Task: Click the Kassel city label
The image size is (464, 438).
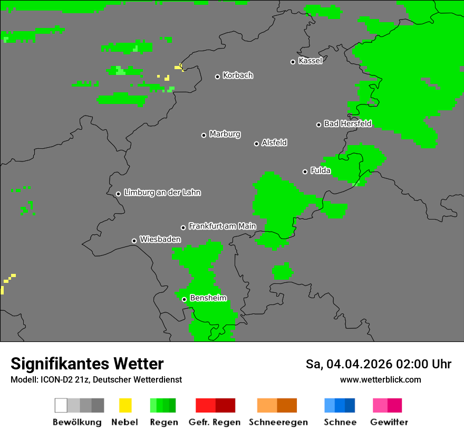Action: [310, 61]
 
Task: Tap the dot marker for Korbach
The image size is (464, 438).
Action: [217, 77]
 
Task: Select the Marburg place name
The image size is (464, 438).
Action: [225, 134]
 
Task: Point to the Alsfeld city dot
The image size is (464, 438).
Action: [256, 144]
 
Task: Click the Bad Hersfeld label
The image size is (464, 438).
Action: [347, 123]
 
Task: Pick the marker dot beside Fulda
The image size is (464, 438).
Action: [305, 172]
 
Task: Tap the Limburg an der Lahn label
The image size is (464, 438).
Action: [162, 193]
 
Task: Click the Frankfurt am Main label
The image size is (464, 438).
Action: [222, 226]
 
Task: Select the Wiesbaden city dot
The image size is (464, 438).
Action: [134, 241]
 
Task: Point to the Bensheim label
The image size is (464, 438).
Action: [208, 298]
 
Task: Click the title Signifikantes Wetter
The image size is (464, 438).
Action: [87, 364]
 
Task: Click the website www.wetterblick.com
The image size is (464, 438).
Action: [380, 379]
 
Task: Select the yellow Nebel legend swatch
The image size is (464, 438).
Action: [125, 405]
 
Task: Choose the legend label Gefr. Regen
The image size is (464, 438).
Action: [215, 422]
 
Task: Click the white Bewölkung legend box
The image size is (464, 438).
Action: [61, 405]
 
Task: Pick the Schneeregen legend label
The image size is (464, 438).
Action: [278, 422]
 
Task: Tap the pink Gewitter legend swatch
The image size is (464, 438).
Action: [380, 405]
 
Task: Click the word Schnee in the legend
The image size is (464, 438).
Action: [340, 422]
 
